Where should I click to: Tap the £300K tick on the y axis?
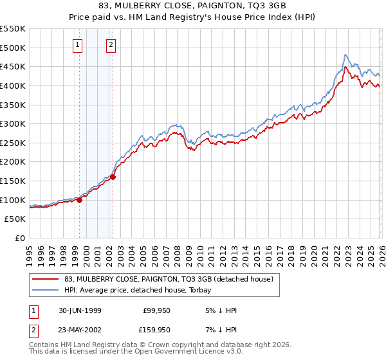[13, 123]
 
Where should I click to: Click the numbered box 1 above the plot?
[78, 45]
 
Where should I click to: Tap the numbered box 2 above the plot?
[111, 45]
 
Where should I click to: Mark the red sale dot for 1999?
[80, 200]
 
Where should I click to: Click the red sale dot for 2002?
[113, 177]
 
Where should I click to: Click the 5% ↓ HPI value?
[221, 310]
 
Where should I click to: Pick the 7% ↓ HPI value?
[221, 329]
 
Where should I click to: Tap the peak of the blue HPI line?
[345, 55]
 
